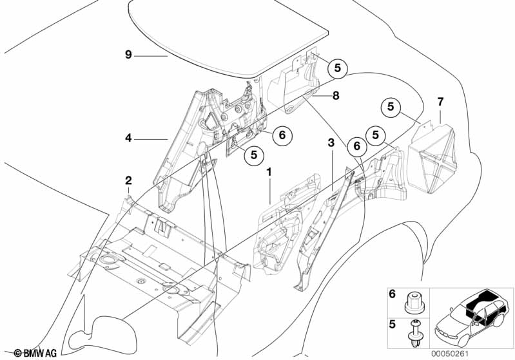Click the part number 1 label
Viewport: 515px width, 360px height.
click(269, 172)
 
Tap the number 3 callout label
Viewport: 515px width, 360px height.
click(331, 142)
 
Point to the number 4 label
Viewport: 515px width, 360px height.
click(129, 137)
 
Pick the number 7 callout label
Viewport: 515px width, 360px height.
click(440, 102)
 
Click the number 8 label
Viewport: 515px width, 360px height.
click(335, 96)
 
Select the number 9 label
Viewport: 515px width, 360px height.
click(129, 55)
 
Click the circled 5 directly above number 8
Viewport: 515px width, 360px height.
click(339, 66)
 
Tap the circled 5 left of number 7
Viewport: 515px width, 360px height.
click(391, 107)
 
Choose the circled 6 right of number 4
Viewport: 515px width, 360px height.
click(282, 135)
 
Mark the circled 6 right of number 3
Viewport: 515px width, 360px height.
click(355, 146)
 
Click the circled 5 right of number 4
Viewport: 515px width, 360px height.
click(254, 155)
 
